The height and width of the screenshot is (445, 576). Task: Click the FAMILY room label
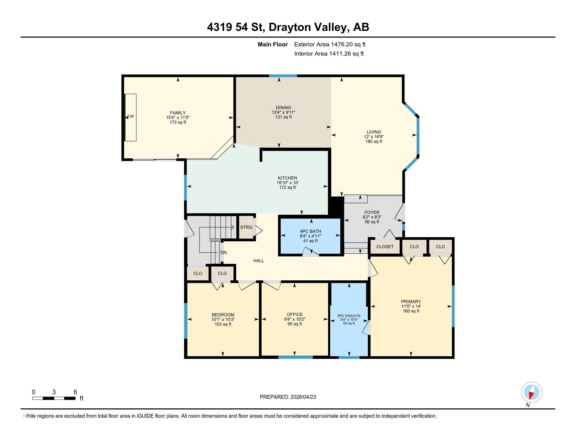178,113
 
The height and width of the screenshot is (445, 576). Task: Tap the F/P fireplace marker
131,117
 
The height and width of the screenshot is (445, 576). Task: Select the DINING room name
284,108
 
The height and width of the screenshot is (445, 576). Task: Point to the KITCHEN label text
287,178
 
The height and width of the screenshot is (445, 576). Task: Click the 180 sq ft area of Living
374,142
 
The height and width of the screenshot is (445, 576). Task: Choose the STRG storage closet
246,227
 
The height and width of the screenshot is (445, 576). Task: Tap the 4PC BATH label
311,231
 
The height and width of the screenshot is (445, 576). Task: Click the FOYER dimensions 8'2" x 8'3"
372,217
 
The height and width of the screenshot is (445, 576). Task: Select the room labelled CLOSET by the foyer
385,247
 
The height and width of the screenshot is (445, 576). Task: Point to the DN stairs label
224,253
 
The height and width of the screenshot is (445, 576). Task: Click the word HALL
258,261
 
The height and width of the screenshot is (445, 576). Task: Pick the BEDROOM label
223,315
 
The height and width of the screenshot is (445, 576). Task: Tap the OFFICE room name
295,314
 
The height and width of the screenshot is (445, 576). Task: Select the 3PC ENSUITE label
349,316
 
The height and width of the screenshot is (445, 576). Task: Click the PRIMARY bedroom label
411,302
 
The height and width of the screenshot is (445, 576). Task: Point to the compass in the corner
531,392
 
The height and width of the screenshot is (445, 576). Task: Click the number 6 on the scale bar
75,392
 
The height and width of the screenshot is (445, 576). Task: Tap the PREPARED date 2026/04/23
303,397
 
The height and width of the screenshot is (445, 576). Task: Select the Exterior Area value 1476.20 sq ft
348,44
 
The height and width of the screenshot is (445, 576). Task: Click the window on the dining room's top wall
283,76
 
